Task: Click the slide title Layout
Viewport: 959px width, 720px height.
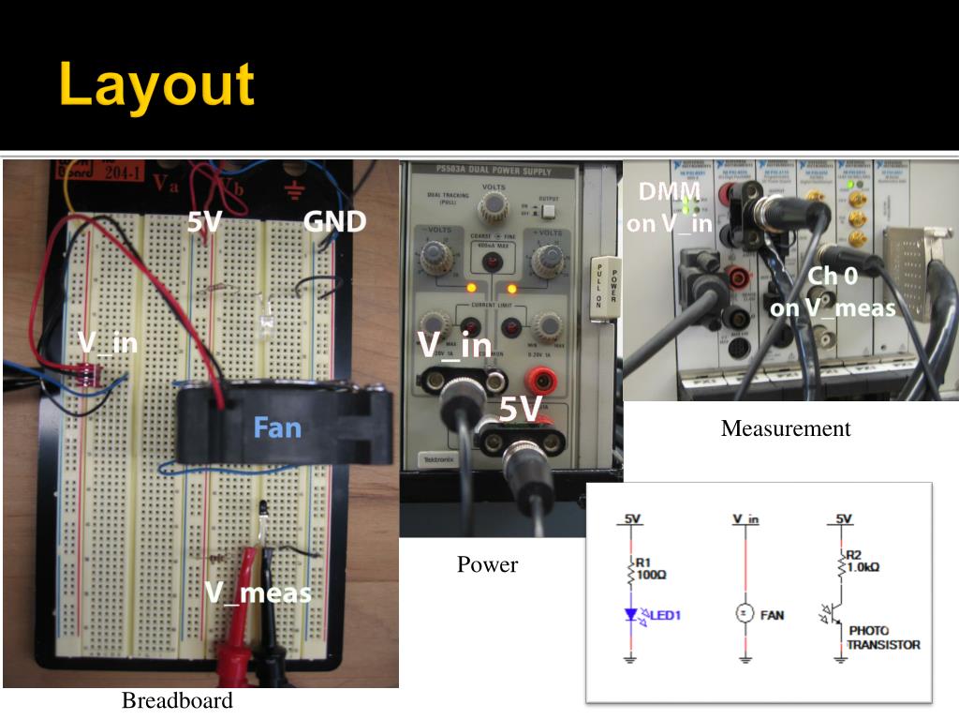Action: point(156,86)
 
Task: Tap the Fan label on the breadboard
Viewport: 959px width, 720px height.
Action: point(278,428)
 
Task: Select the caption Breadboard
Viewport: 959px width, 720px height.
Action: point(177,700)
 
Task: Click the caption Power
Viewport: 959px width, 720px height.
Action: point(487,564)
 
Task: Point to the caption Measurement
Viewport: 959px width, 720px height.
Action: point(786,428)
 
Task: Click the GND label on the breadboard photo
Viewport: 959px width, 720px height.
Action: point(334,222)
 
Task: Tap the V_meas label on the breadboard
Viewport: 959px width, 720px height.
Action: point(258,592)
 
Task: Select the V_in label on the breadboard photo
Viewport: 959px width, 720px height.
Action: point(108,343)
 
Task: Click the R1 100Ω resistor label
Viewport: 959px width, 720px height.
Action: point(651,568)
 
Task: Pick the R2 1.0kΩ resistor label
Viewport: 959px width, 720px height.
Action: point(863,562)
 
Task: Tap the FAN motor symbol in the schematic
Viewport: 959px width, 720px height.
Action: point(745,614)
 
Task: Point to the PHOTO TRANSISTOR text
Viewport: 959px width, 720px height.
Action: point(882,637)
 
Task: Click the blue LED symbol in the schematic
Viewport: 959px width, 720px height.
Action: point(630,616)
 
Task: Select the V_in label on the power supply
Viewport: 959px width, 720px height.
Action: point(454,345)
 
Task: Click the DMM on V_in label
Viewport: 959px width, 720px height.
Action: point(669,207)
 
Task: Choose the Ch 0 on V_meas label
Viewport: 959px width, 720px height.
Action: point(833,292)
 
